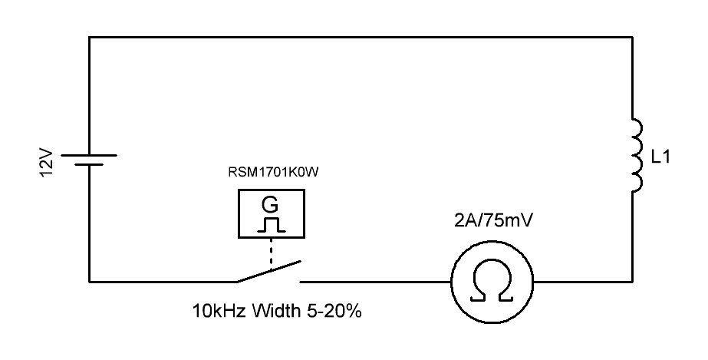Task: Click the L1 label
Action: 660,159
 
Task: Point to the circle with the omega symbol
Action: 491,282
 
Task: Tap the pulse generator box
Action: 271,213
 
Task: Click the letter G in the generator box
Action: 270,204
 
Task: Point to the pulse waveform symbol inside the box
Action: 271,224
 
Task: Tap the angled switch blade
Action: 268,271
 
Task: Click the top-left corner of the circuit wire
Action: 90,37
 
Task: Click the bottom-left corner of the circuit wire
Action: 90,282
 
